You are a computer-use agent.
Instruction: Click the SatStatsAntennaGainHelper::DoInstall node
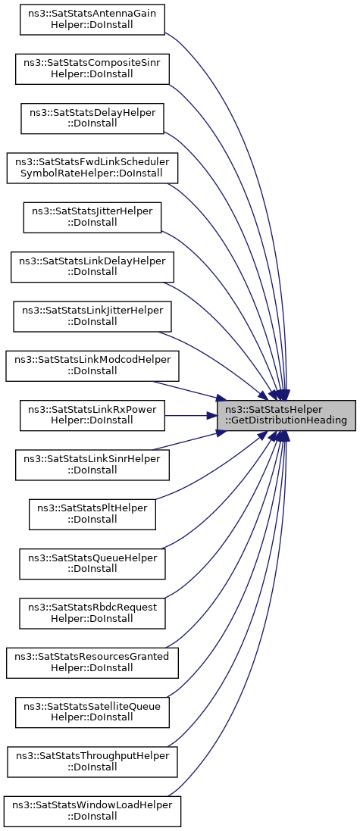pos(92,20)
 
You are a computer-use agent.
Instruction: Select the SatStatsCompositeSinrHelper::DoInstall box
pos(92,69)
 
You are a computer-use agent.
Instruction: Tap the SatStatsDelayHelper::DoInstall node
pos(92,118)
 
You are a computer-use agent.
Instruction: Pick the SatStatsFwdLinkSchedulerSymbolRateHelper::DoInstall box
pos(92,168)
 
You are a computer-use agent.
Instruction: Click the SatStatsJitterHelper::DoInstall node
pos(92,217)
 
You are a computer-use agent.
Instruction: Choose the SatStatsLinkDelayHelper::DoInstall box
pos(92,267)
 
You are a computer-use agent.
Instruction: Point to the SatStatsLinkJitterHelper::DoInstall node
pos(92,317)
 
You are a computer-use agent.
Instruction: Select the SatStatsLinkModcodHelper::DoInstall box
pos(92,366)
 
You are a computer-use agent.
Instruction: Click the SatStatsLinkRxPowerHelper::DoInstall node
pos(92,415)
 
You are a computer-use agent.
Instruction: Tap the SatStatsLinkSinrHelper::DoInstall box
pos(92,465)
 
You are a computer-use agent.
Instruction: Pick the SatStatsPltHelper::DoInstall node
pos(92,514)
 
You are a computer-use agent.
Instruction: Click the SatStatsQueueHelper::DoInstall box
pos(92,564)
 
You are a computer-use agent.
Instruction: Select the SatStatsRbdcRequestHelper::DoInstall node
pos(92,613)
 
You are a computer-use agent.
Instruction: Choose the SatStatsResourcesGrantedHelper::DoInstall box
pos(92,663)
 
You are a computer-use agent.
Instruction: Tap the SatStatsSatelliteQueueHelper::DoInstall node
pos(92,712)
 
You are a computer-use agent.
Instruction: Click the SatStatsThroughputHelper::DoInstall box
pos(92,761)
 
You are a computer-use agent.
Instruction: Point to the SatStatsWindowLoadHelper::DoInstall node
pos(92,811)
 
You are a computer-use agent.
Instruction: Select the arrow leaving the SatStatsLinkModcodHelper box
pos(186,389)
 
